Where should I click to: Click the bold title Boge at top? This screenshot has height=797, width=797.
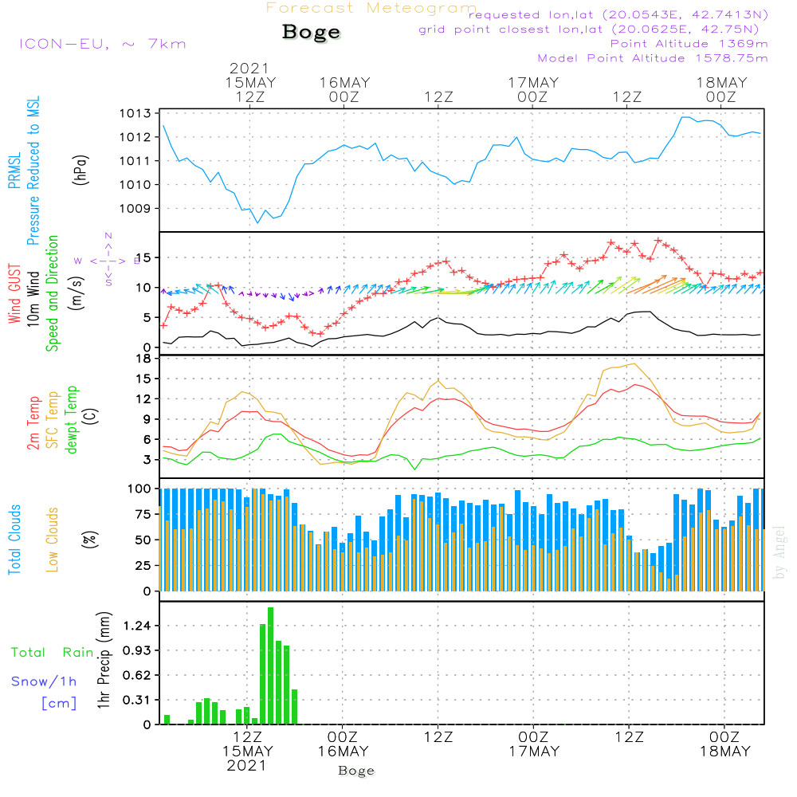tap(311, 33)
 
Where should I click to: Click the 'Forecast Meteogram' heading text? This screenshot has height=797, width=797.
tap(371, 9)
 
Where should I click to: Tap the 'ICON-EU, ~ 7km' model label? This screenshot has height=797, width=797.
tap(102, 43)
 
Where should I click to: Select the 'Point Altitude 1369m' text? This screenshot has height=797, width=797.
tap(689, 43)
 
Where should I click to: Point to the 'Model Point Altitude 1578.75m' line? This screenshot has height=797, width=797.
tap(653, 58)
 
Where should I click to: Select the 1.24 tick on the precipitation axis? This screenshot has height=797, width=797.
tap(139, 626)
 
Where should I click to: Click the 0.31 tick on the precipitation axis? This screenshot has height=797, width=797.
tap(139, 700)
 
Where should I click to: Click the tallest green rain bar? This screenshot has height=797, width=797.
tap(271, 665)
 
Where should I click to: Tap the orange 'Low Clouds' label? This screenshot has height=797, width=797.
tap(53, 539)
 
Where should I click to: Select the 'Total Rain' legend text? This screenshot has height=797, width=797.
tap(53, 652)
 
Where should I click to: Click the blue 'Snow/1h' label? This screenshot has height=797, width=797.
tap(44, 681)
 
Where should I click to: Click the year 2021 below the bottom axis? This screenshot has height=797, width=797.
tap(248, 765)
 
